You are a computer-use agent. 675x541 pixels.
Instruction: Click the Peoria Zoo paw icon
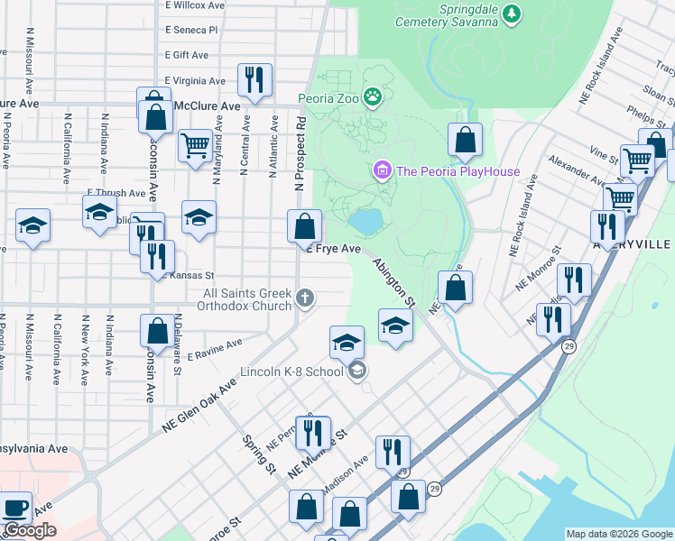point(372,96)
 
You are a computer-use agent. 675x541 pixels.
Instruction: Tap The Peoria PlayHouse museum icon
point(382,170)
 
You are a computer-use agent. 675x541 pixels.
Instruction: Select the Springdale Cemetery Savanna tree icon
point(513,13)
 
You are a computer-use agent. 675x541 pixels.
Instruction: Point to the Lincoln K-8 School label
point(291,371)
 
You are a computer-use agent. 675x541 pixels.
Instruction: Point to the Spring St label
point(259,455)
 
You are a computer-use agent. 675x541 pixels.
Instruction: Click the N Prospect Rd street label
point(300,154)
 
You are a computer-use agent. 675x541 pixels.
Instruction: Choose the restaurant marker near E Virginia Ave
point(254,79)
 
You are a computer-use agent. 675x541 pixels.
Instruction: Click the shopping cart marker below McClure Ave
point(194,144)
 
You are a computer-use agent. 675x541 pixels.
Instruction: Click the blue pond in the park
point(365,220)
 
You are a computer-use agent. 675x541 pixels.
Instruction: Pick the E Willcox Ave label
point(195,5)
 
